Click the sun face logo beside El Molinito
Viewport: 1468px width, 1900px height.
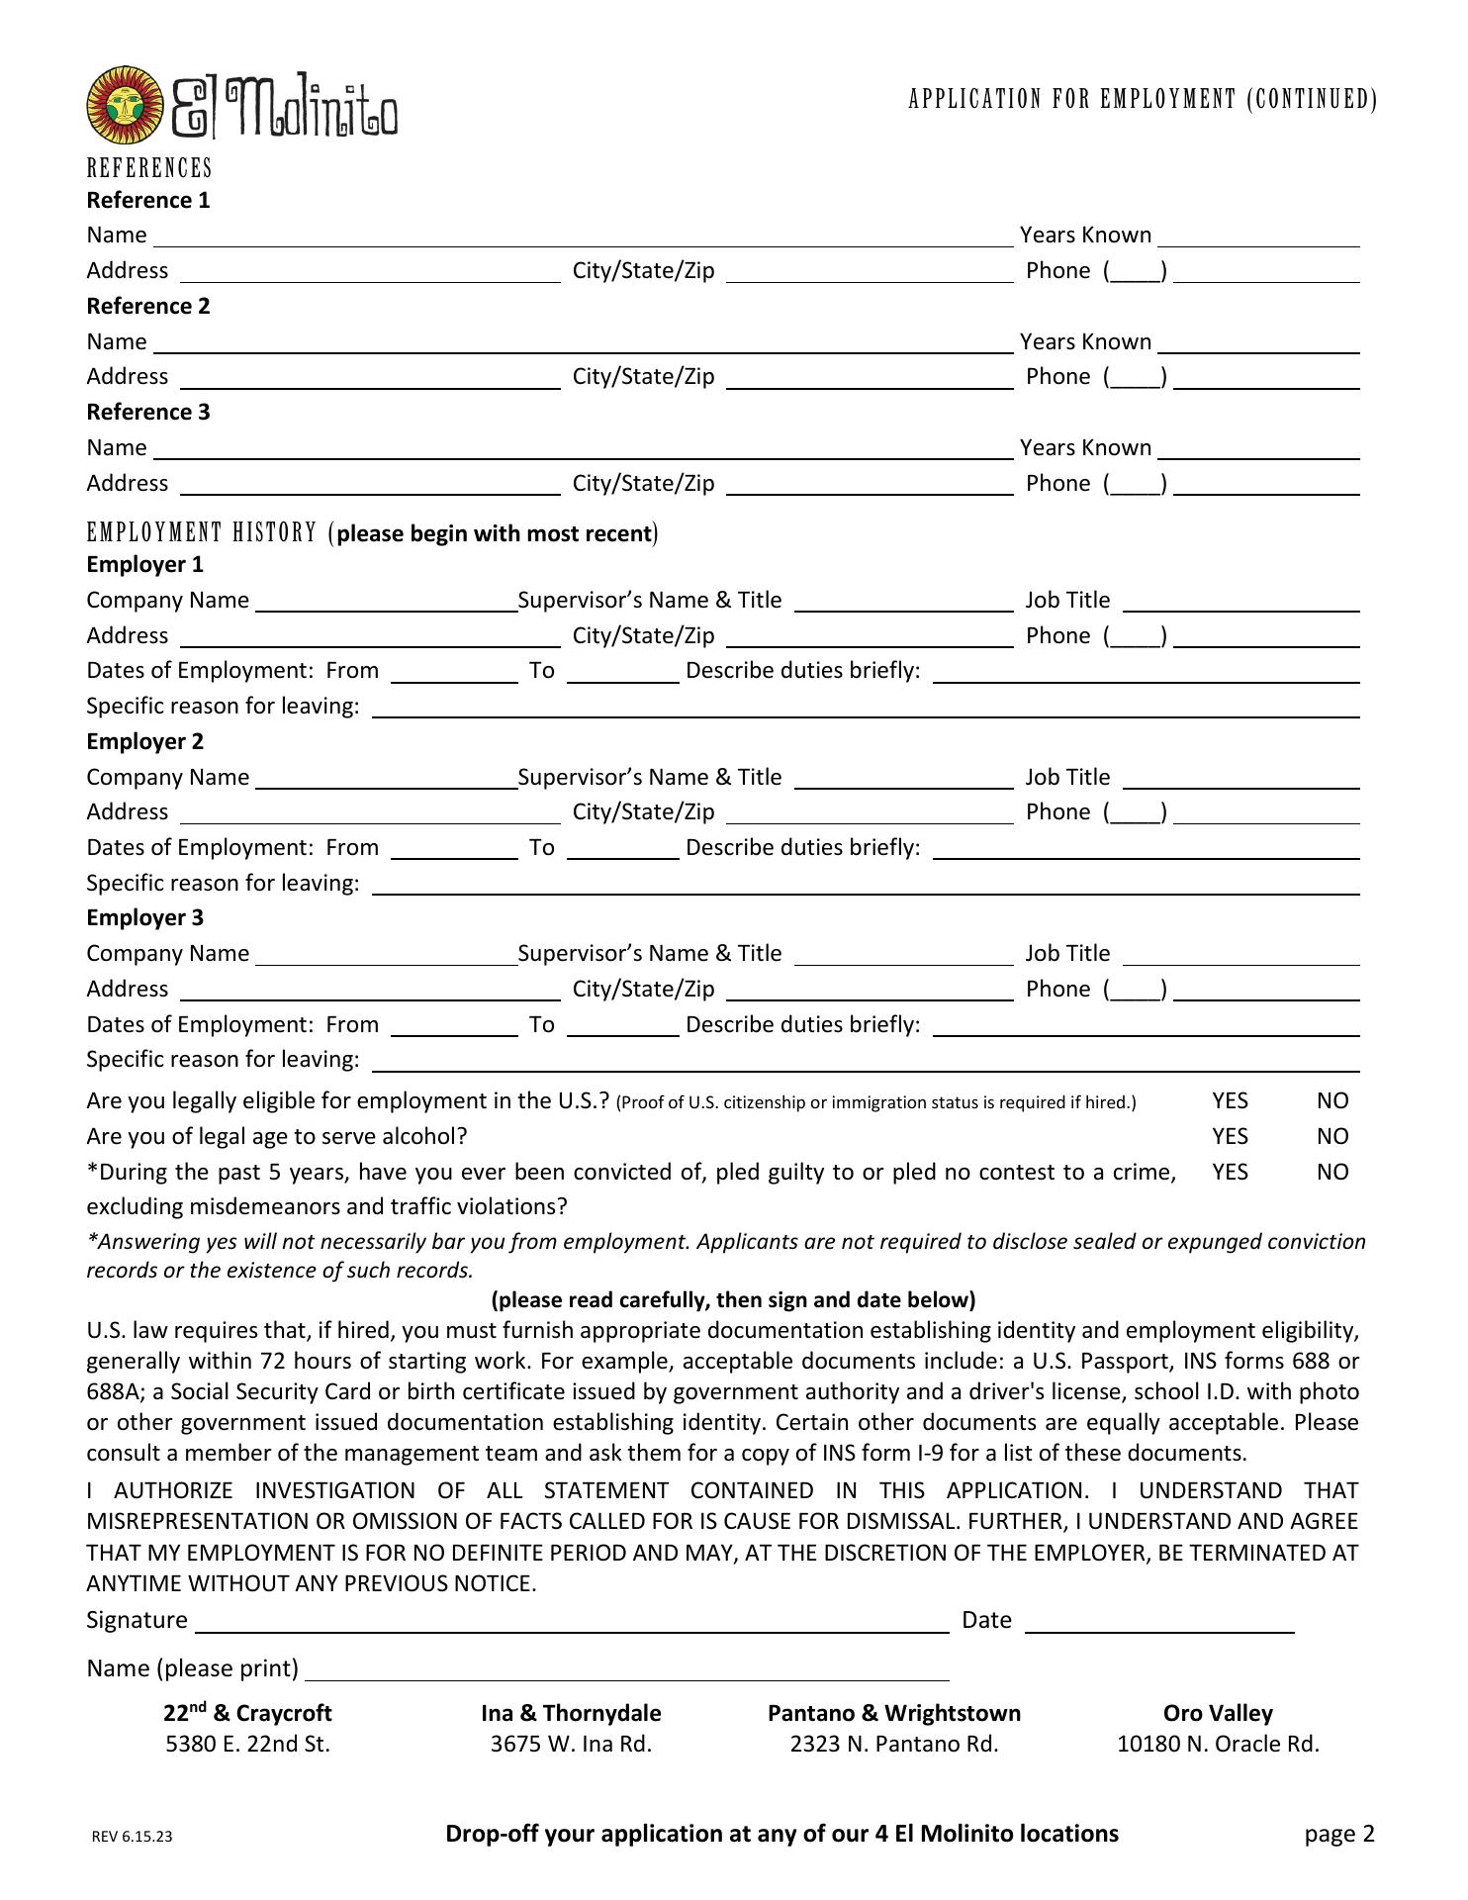[x=125, y=106]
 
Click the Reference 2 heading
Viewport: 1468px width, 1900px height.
[x=148, y=306]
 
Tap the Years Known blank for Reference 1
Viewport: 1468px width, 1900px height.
[x=1258, y=237]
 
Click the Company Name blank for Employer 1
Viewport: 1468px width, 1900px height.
[x=386, y=603]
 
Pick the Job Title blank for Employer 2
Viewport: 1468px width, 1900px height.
[x=1241, y=779]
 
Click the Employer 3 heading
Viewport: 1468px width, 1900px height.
[x=145, y=917]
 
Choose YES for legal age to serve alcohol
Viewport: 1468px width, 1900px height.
[x=1230, y=1136]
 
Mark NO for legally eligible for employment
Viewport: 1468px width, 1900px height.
[x=1332, y=1100]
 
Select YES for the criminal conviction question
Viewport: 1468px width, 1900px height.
[x=1230, y=1172]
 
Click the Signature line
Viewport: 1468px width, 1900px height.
[x=572, y=1621]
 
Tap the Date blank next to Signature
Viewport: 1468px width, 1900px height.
[x=1159, y=1621]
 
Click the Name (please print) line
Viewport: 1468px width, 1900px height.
[x=627, y=1669]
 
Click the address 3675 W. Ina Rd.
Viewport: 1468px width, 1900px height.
[x=571, y=1744]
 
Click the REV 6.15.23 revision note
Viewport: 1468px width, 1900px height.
[x=132, y=1837]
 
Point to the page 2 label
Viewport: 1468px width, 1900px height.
[x=1339, y=1834]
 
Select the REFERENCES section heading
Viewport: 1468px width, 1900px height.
[x=149, y=167]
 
